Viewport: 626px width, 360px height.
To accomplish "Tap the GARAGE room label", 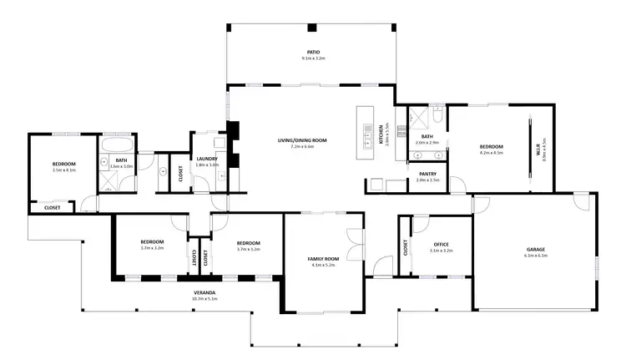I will click(x=536, y=249).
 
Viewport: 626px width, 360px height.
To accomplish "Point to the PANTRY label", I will click(x=428, y=174).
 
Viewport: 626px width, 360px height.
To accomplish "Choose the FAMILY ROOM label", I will click(x=322, y=259).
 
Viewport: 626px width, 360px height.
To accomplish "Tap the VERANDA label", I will click(x=204, y=292).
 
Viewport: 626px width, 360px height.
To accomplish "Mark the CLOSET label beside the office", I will click(x=406, y=247).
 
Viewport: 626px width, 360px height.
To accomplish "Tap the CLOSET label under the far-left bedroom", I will click(x=52, y=206).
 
